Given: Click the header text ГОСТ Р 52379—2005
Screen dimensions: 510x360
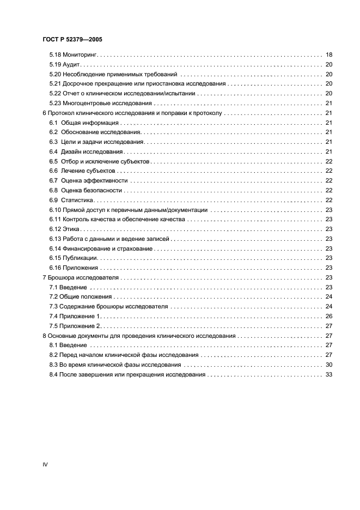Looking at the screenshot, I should (x=70, y=39).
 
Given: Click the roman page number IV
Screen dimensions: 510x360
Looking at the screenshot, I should (x=45, y=464).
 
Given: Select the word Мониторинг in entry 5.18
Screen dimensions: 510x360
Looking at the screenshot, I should (x=81, y=55).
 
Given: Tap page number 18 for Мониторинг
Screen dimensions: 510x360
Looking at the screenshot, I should (x=328, y=55).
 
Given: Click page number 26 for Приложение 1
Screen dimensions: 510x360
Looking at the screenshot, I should (x=328, y=316).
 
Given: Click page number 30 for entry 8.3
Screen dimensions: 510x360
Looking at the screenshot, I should (x=328, y=365).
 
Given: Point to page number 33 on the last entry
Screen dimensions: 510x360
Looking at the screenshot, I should (x=328, y=374).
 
